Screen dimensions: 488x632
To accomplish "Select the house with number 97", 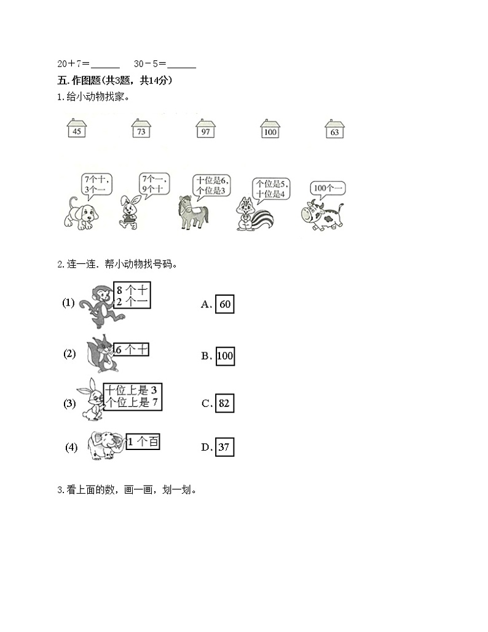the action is [x=205, y=130].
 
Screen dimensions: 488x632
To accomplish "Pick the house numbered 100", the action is [x=269, y=130].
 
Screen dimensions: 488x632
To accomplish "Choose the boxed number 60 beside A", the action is [x=224, y=304].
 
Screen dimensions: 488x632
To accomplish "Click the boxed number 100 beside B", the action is [x=225, y=355].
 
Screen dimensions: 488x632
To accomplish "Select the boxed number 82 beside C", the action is [x=224, y=403].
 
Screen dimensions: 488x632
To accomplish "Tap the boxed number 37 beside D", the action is [x=224, y=447].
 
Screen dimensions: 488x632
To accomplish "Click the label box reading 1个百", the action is [x=143, y=441].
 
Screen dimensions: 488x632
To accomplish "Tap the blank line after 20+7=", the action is [x=106, y=64].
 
